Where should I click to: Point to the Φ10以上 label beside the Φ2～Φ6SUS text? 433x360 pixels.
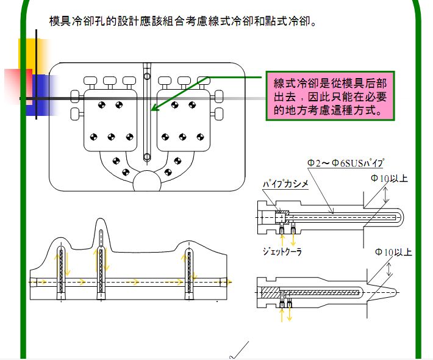point(391,178)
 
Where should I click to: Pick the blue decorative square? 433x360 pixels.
point(40,95)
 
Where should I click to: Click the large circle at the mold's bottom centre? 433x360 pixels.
point(147,182)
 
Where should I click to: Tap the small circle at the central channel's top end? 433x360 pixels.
point(146,76)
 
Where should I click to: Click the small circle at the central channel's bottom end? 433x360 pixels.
point(146,157)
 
